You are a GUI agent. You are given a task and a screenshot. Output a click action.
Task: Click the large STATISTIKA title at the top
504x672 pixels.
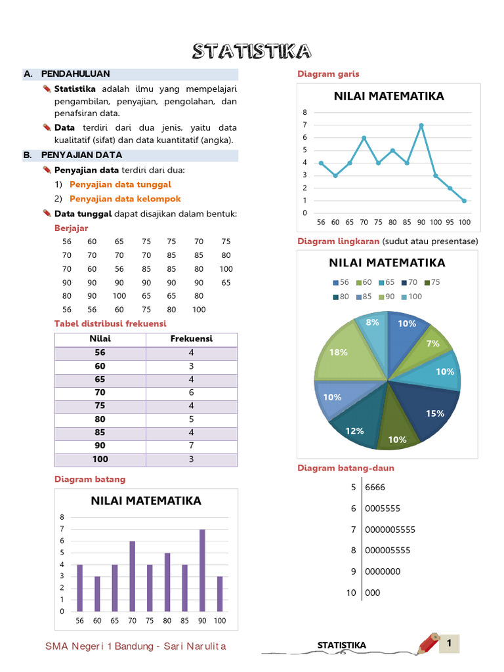[x=251, y=52]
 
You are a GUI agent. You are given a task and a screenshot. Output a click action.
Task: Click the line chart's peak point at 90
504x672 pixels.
[x=421, y=125]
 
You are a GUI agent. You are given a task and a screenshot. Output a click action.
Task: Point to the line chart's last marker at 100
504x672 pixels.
[x=464, y=201]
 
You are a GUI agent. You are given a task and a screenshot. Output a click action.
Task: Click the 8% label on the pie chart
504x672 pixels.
[x=373, y=322]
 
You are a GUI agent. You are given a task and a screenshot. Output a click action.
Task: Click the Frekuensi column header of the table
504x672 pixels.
[x=192, y=339]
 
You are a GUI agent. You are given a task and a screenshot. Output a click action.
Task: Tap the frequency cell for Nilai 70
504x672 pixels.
[x=192, y=392]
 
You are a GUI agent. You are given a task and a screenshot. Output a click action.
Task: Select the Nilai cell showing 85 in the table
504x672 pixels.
[x=100, y=432]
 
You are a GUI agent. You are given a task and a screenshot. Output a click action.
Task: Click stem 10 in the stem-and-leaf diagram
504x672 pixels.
[x=352, y=593]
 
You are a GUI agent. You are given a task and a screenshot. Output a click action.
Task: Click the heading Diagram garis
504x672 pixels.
[x=328, y=73]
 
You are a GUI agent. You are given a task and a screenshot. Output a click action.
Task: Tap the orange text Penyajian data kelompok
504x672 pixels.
[x=125, y=198]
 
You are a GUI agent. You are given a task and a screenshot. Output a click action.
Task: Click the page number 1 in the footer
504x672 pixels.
[x=450, y=643]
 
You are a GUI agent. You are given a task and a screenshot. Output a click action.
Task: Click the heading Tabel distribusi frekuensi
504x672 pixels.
[x=110, y=324]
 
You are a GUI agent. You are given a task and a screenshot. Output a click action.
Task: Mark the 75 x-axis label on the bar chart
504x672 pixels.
[x=150, y=621]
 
